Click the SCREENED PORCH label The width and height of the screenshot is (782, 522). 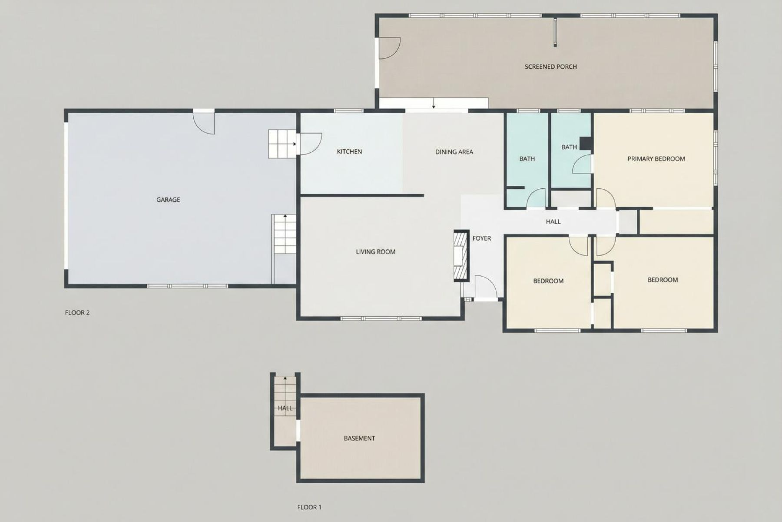pos(550,67)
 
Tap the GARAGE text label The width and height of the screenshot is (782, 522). pos(168,200)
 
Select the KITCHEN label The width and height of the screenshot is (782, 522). pos(349,152)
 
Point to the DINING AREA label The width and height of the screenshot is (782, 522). pos(454,152)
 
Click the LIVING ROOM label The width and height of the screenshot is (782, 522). pos(375,251)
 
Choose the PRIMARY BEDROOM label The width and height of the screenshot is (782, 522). pos(656,159)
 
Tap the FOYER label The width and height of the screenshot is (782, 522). pos(481,238)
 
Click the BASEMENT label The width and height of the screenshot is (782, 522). pos(359,438)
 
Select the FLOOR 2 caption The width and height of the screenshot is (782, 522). pos(77,312)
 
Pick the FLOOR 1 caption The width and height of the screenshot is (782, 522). pos(309,507)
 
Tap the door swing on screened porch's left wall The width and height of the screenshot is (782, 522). pos(388,48)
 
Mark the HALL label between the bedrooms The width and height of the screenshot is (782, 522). pos(553,222)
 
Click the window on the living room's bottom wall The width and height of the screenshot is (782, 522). pos(381,318)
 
